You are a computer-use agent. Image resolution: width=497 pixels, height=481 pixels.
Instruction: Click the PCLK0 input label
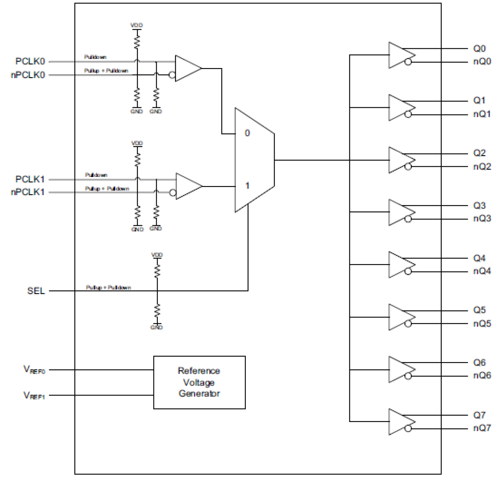30,61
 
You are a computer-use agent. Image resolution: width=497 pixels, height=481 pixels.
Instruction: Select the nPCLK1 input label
27,192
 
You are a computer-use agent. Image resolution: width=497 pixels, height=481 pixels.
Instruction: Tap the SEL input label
36,291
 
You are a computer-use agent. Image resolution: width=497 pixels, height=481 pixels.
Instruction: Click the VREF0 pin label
34,370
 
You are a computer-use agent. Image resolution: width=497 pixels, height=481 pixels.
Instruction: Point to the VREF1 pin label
34,395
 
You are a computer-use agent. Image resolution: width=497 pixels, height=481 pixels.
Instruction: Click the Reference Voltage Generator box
199,382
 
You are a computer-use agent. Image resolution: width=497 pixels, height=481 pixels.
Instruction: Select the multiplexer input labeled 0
247,133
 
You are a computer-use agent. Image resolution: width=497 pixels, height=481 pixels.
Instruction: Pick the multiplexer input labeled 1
247,186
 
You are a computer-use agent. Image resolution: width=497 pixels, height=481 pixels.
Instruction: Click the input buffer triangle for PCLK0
187,68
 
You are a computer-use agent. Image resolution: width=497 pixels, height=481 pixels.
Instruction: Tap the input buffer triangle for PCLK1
188,186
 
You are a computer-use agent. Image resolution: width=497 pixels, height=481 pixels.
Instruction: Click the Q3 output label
479,205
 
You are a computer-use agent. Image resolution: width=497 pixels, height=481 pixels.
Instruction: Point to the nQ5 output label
482,324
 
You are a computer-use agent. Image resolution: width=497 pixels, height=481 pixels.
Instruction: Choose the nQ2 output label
482,167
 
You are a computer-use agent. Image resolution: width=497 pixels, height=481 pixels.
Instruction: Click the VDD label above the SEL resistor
157,255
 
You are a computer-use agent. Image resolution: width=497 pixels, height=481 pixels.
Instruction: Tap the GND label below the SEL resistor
157,327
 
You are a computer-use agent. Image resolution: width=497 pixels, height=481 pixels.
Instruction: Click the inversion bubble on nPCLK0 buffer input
172,75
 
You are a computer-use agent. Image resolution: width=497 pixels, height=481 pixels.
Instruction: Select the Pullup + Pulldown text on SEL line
108,287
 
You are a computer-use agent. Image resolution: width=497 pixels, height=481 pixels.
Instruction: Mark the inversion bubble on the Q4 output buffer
408,272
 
